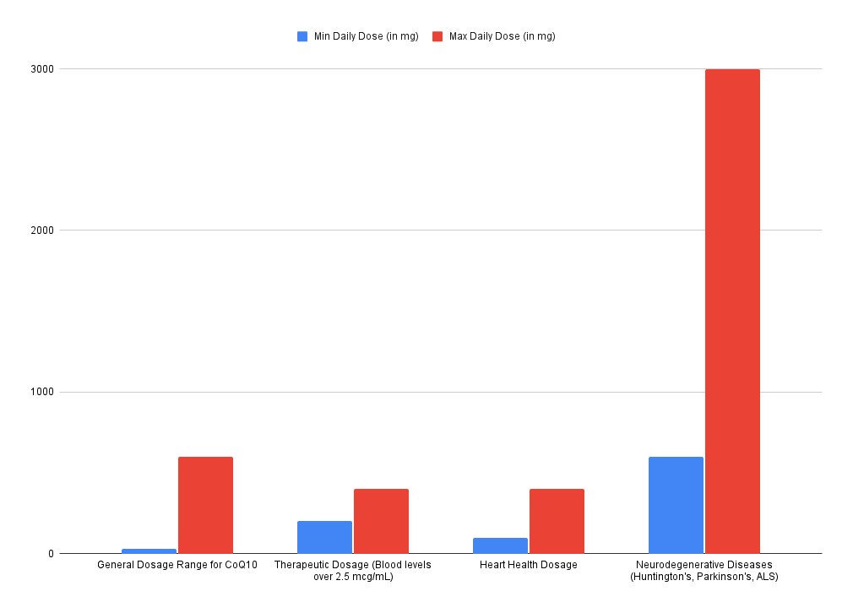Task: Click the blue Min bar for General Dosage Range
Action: (x=149, y=551)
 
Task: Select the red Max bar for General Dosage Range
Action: (x=205, y=505)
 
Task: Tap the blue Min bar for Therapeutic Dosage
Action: (x=324, y=537)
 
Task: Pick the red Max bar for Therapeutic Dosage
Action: (x=381, y=521)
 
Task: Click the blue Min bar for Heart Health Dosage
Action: (x=500, y=545)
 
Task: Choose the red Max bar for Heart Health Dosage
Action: (x=557, y=521)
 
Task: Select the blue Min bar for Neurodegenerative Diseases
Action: (x=676, y=505)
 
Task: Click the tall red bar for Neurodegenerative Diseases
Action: (x=732, y=311)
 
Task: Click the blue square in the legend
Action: (x=302, y=36)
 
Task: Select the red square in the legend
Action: (x=437, y=36)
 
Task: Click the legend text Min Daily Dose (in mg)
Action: (x=366, y=36)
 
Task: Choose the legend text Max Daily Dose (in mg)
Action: (x=502, y=36)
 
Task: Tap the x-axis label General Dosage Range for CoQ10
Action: (x=177, y=565)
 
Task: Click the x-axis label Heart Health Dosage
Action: (x=529, y=565)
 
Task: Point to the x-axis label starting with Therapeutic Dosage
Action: (x=353, y=571)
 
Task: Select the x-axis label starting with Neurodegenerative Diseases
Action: (x=704, y=571)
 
